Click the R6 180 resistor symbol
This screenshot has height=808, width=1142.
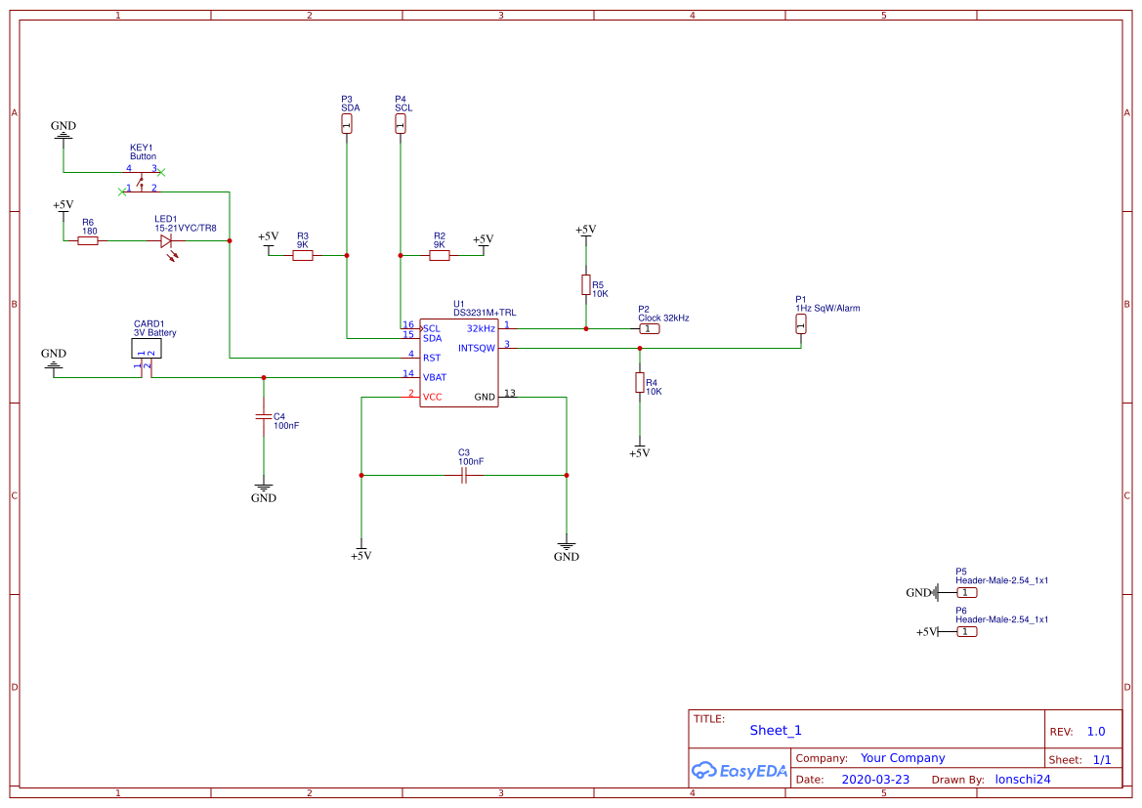[x=88, y=240]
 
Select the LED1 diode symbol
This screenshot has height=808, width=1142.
[x=167, y=240]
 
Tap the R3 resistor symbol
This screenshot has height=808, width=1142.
[x=303, y=255]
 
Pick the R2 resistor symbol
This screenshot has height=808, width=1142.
[x=440, y=255]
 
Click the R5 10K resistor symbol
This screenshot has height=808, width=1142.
[x=585, y=284]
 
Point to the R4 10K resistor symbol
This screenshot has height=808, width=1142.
[x=639, y=382]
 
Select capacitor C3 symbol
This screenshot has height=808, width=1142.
[x=464, y=475]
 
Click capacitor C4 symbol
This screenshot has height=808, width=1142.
[x=263, y=416]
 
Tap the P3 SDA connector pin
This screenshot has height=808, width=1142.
[x=346, y=123]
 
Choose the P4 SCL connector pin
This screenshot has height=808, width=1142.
[x=400, y=123]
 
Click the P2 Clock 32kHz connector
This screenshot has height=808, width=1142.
[x=649, y=328]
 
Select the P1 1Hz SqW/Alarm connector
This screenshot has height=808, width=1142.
[x=800, y=323]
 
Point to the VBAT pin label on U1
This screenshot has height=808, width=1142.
[x=435, y=376]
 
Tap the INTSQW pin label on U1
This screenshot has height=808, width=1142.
[x=477, y=348]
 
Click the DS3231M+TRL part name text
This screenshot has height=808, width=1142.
[x=485, y=313]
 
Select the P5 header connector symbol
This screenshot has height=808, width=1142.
[x=965, y=592]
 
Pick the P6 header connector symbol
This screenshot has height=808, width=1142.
[x=965, y=631]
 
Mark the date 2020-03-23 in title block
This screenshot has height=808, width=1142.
[x=875, y=780]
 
